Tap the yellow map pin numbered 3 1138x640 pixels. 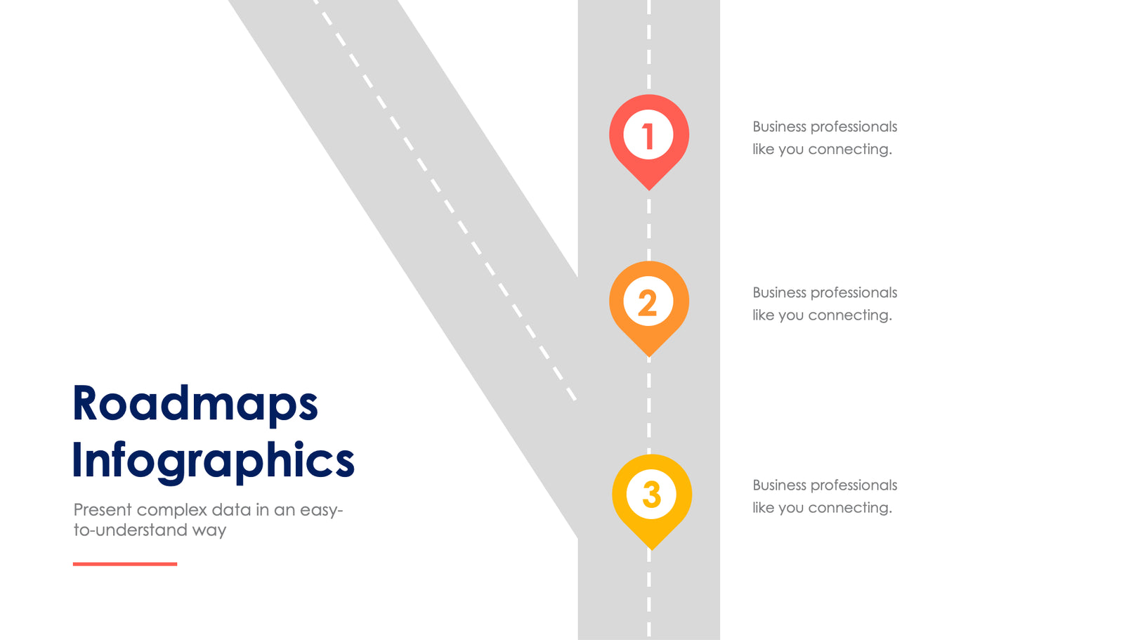pyautogui.click(x=651, y=495)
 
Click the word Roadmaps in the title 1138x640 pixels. pyautogui.click(x=195, y=404)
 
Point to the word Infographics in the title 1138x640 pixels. pyautogui.click(x=213, y=461)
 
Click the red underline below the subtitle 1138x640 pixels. pyautogui.click(x=125, y=563)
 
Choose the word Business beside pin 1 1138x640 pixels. pyautogui.click(x=779, y=126)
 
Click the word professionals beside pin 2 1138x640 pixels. pyautogui.click(x=853, y=293)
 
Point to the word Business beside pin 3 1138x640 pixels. pyautogui.click(x=779, y=485)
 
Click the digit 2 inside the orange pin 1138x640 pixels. pyautogui.click(x=648, y=303)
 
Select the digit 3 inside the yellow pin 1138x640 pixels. pyautogui.click(x=651, y=495)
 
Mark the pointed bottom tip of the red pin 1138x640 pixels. pyautogui.click(x=649, y=188)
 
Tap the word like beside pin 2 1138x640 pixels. pyautogui.click(x=763, y=315)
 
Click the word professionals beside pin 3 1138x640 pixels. pyautogui.click(x=853, y=485)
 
